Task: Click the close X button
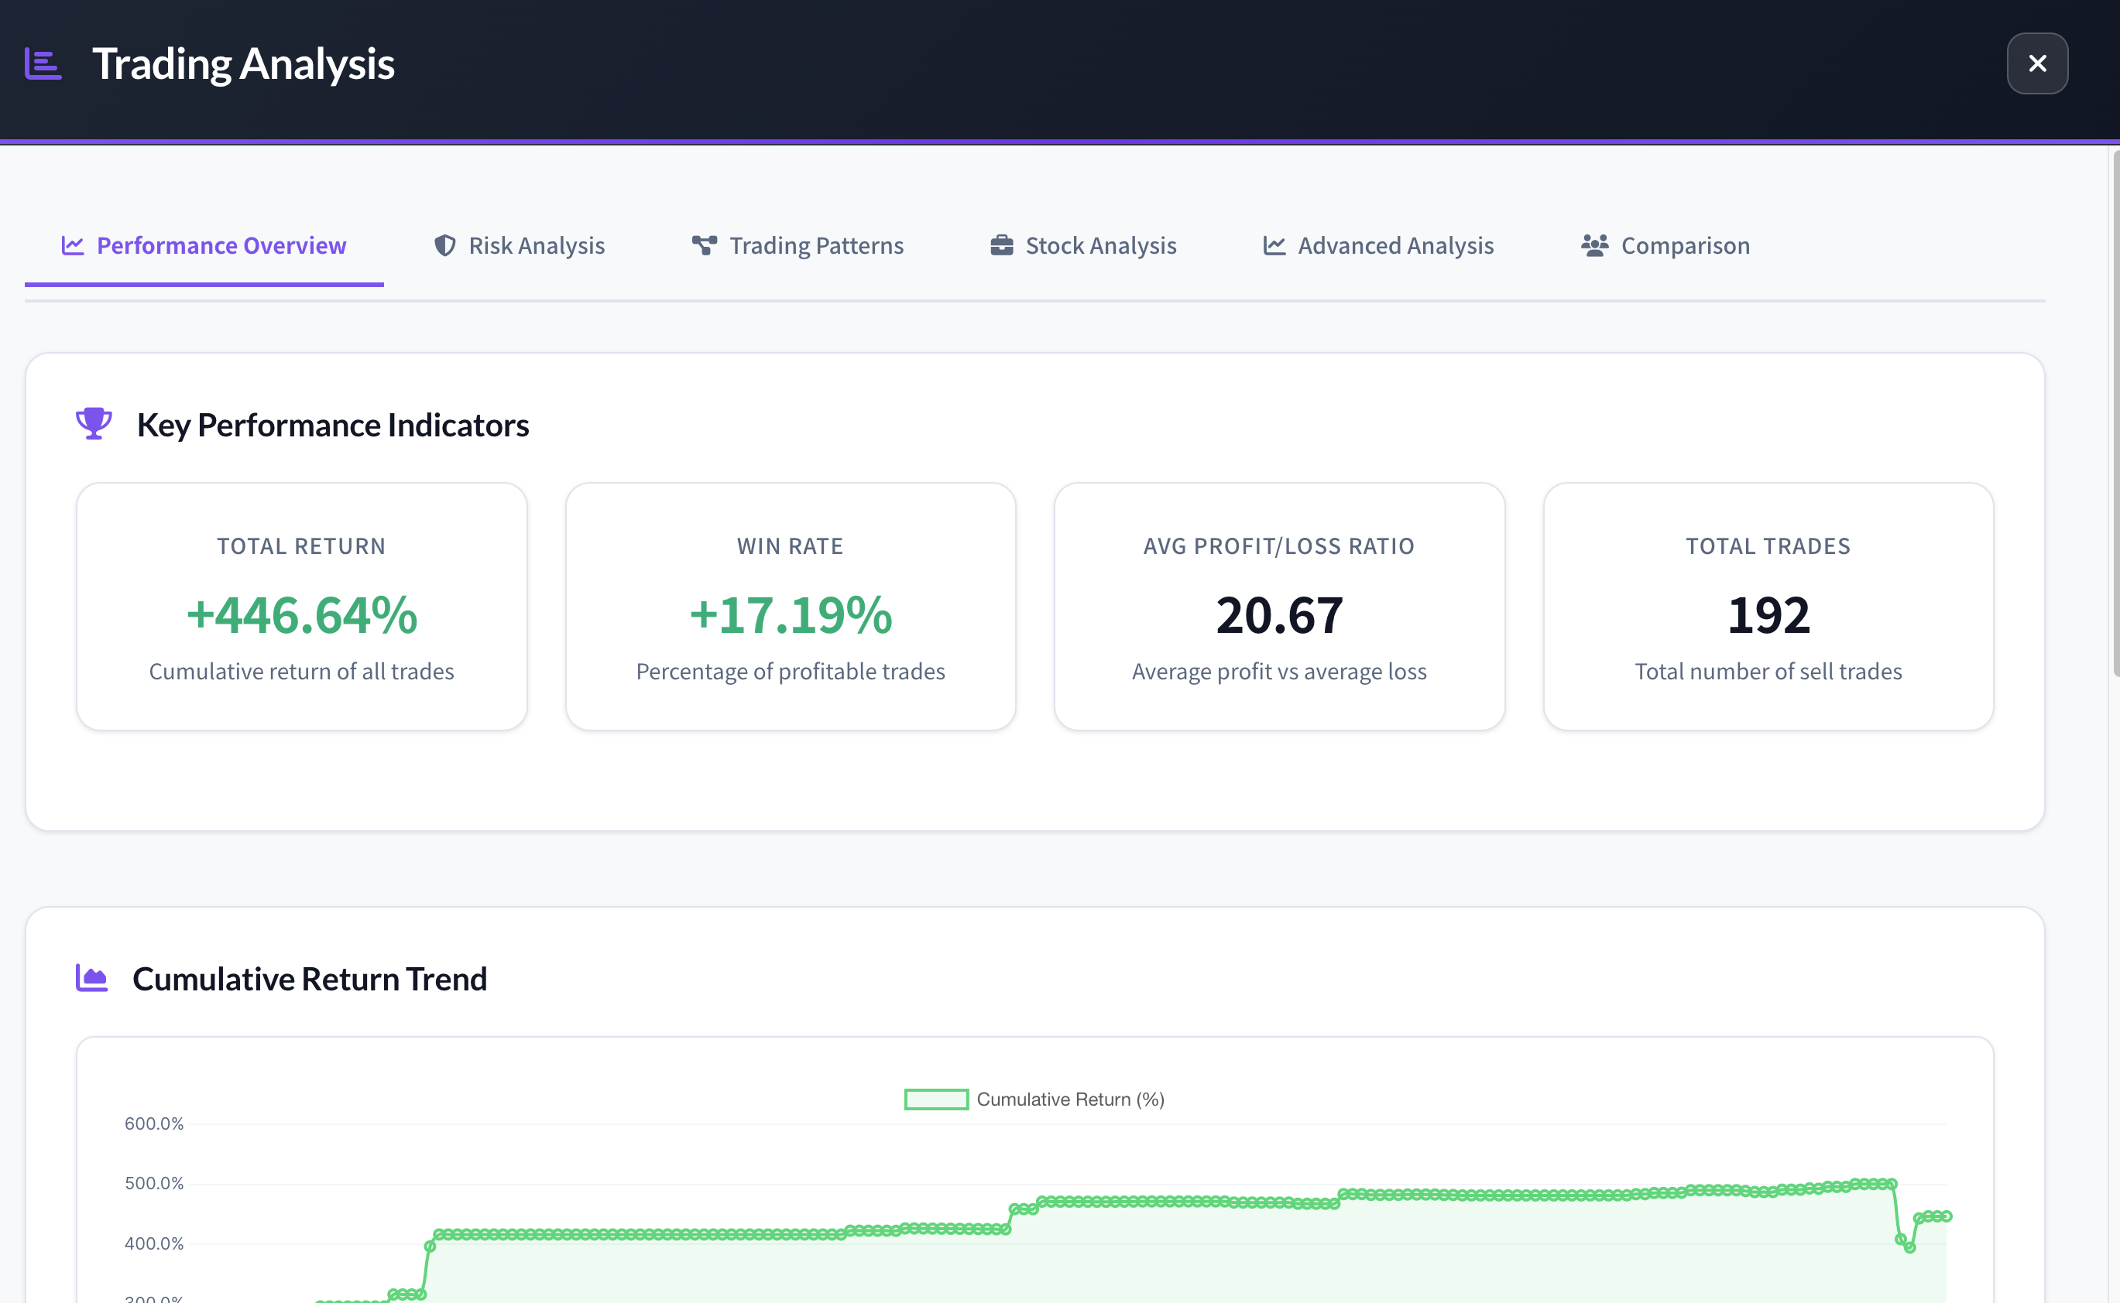point(2036,63)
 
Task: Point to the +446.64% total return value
point(302,615)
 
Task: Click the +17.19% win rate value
point(791,615)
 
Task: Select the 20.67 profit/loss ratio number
point(1279,615)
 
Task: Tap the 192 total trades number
point(1768,615)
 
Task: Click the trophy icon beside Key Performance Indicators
point(93,423)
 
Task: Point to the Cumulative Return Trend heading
point(310,979)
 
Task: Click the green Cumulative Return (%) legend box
point(936,1100)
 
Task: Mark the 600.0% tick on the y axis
point(154,1123)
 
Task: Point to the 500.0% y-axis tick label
point(154,1183)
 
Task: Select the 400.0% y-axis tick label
point(154,1243)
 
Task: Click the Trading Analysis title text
point(243,63)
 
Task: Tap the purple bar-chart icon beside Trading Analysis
point(43,63)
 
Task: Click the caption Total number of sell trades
point(1768,672)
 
